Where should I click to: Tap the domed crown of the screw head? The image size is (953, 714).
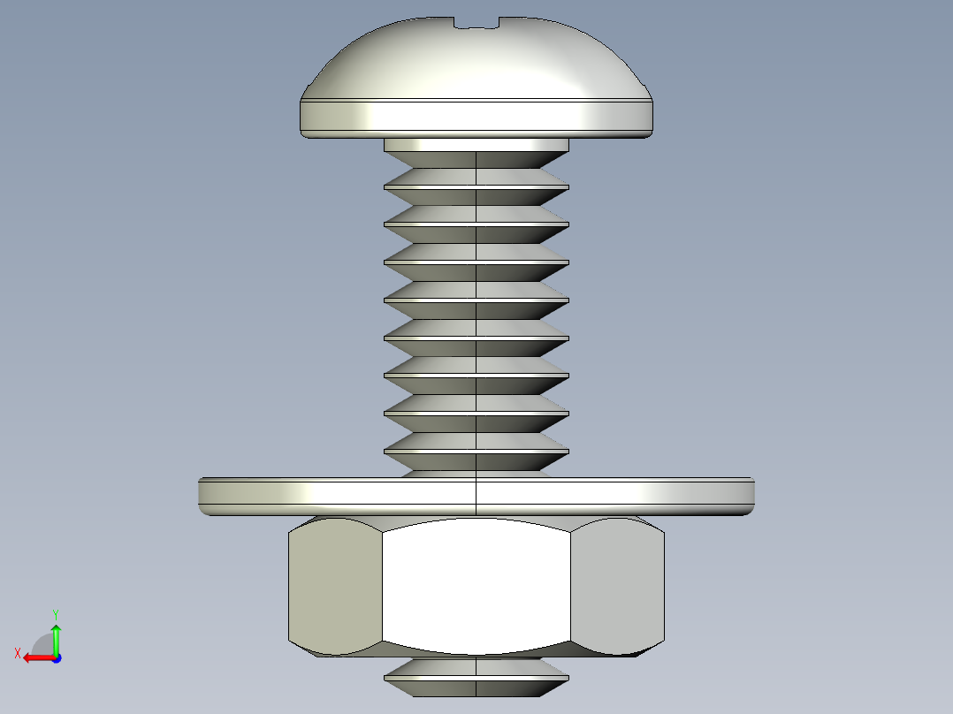476,62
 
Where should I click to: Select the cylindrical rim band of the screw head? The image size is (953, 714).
476,116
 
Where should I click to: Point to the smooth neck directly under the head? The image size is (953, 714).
476,144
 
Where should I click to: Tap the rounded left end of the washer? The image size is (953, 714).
204,497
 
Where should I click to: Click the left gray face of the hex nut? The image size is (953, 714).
334,585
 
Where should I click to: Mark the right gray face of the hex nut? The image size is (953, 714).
618,585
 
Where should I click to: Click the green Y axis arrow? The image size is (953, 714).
56,636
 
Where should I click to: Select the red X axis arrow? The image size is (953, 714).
35,657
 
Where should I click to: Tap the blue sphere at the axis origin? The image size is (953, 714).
56,657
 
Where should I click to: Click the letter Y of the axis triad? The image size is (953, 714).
55,613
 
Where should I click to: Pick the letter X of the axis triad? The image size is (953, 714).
17,653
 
